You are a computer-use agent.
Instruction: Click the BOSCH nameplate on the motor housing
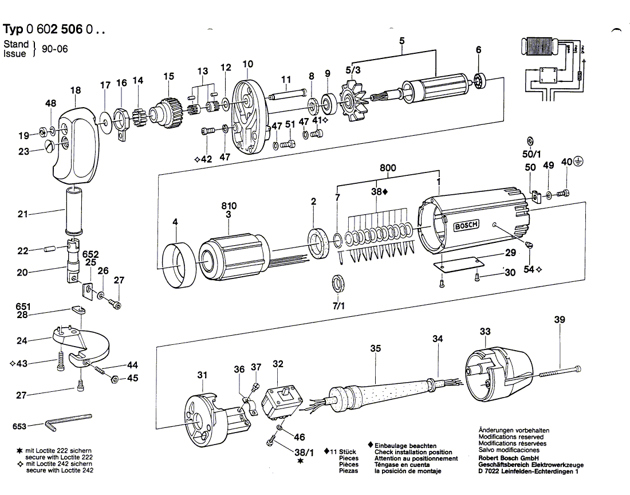point(466,226)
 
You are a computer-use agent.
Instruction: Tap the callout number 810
point(229,205)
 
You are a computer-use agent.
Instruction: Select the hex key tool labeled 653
point(69,421)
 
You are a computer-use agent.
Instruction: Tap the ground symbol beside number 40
point(579,162)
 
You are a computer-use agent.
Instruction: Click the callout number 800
point(388,168)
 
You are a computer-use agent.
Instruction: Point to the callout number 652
point(90,254)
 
